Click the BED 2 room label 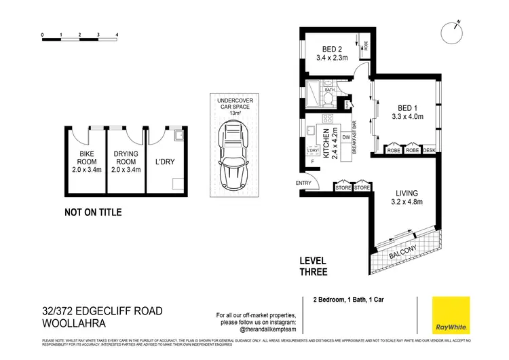[331, 48]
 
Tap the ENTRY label [303, 183]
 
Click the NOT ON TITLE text [93, 213]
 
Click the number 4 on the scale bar [117, 33]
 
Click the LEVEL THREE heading [314, 266]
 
